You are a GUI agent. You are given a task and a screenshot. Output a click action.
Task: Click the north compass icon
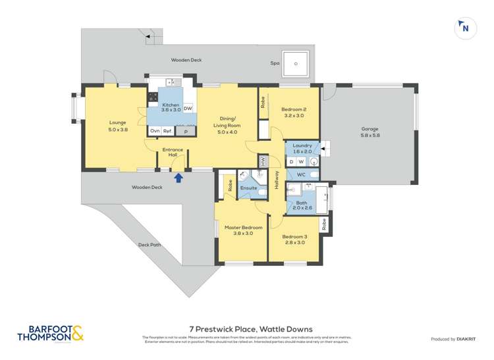(x=466, y=28)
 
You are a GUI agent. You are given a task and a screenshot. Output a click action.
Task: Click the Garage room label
(x=370, y=132)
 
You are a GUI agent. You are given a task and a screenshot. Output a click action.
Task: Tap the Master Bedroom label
(x=242, y=230)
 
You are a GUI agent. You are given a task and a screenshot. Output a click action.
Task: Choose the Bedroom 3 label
(x=294, y=239)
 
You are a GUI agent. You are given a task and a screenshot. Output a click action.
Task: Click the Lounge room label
(x=118, y=126)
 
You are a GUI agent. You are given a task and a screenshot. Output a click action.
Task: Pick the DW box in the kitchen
(x=188, y=109)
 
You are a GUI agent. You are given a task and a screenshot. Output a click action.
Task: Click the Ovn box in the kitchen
(x=154, y=131)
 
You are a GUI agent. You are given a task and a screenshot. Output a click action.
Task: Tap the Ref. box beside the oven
(x=167, y=131)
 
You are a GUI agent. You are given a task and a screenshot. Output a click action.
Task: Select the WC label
(x=300, y=174)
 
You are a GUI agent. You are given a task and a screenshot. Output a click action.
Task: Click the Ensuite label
(x=248, y=188)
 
